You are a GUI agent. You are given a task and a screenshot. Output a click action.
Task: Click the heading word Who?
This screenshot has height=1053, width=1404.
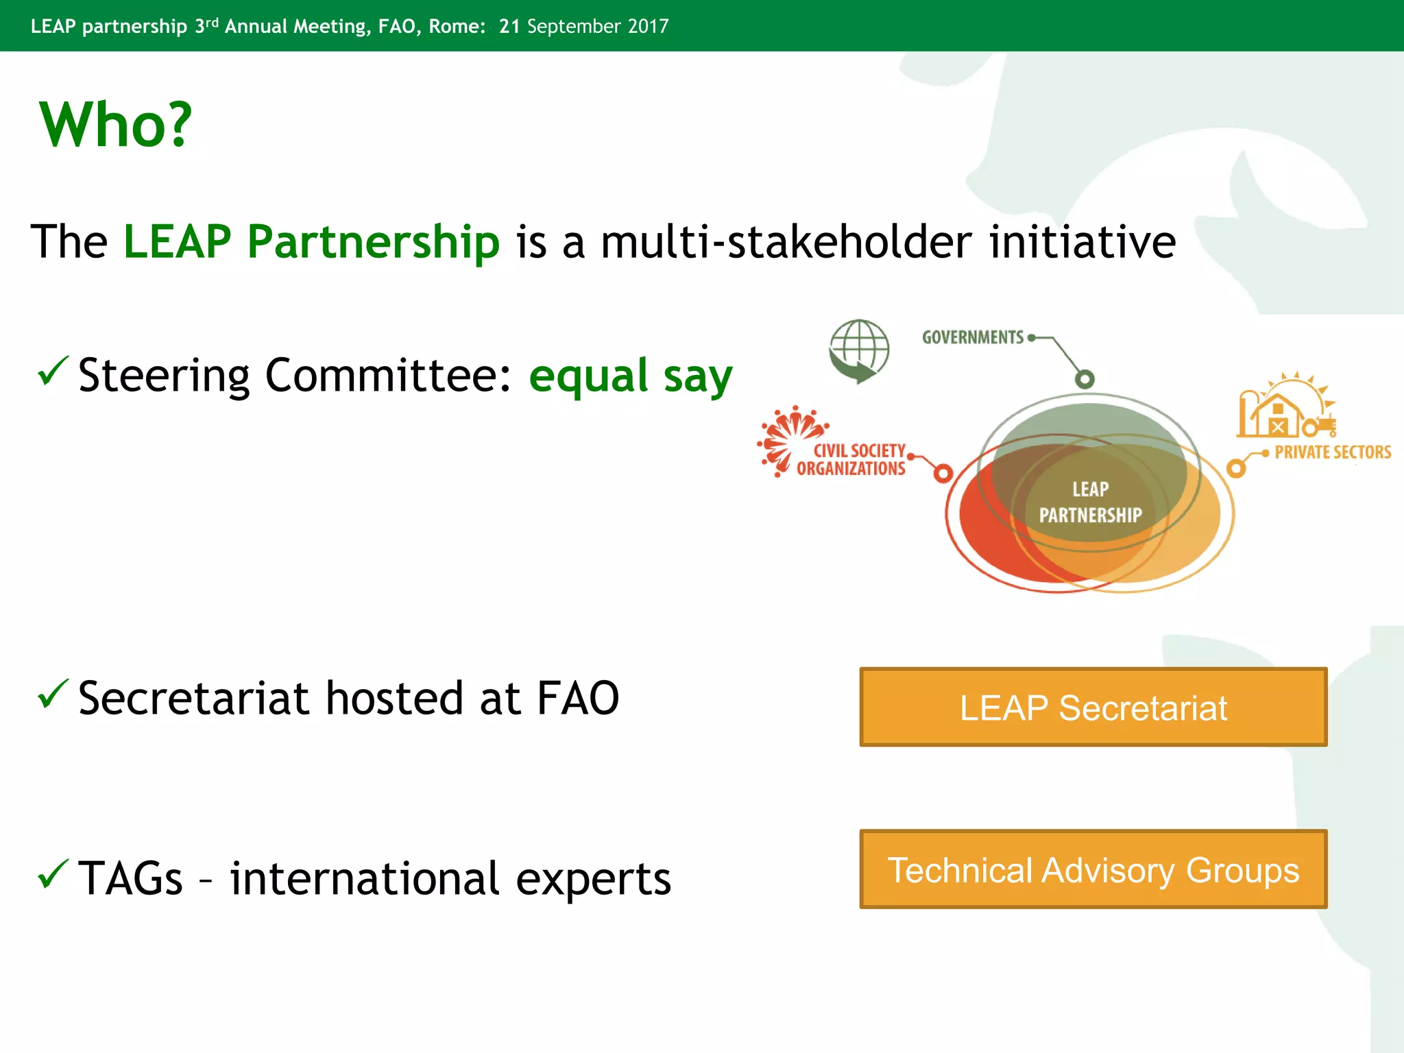(x=115, y=125)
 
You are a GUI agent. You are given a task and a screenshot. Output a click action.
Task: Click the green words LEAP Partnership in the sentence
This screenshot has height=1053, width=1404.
(x=311, y=242)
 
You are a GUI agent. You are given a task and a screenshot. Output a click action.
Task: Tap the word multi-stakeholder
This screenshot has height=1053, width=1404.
(x=786, y=242)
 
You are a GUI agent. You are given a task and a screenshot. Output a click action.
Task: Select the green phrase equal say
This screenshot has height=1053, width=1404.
(x=630, y=376)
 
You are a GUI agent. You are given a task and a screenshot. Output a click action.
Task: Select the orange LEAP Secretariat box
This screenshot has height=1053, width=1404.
(x=1093, y=707)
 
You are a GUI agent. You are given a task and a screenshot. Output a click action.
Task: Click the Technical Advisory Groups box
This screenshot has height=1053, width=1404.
(x=1093, y=869)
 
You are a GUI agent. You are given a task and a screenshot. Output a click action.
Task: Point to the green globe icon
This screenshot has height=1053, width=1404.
(x=858, y=351)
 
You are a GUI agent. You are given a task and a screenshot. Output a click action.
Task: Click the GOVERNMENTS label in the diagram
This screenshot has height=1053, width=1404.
(x=972, y=337)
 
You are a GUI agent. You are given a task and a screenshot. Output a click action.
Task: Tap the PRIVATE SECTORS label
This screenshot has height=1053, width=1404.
(x=1332, y=452)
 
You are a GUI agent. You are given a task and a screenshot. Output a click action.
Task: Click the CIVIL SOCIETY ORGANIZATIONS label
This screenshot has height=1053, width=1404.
(x=851, y=460)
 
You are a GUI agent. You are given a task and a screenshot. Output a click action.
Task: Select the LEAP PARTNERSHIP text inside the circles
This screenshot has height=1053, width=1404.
(x=1090, y=503)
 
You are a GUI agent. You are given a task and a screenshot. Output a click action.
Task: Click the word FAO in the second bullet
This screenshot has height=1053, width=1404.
(x=577, y=699)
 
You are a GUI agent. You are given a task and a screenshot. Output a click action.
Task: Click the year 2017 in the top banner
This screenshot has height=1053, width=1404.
(x=648, y=26)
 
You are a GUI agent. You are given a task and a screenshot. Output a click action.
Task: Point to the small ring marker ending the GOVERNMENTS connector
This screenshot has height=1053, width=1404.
(x=1085, y=379)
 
